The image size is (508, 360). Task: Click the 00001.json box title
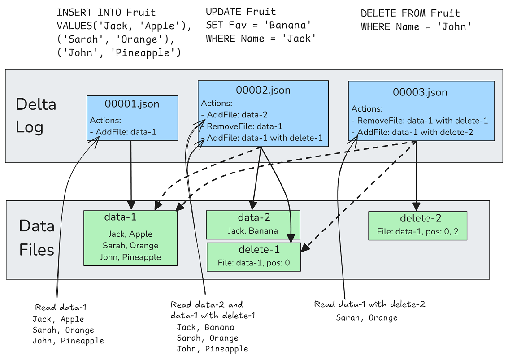click(x=132, y=104)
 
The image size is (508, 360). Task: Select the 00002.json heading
click(x=263, y=90)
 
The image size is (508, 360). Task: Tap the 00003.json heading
click(x=420, y=92)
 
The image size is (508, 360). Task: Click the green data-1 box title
click(x=120, y=217)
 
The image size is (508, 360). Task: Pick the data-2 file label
click(x=254, y=218)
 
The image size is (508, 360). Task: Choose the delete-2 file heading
click(x=421, y=218)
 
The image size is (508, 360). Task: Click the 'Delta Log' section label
click(x=36, y=116)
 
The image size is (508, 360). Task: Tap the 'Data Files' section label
click(x=37, y=238)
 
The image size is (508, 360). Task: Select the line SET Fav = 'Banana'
click(x=259, y=25)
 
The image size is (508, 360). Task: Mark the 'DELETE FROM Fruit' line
click(x=410, y=13)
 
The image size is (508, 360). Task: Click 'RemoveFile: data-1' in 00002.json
click(x=244, y=126)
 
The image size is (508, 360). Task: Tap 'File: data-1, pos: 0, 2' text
click(x=418, y=232)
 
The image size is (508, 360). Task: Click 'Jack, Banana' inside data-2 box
click(x=253, y=231)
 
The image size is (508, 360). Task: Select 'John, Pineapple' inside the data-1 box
click(x=130, y=257)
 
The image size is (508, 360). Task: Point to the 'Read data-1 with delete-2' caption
click(x=369, y=304)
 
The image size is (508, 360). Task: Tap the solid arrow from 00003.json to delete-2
click(x=417, y=175)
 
